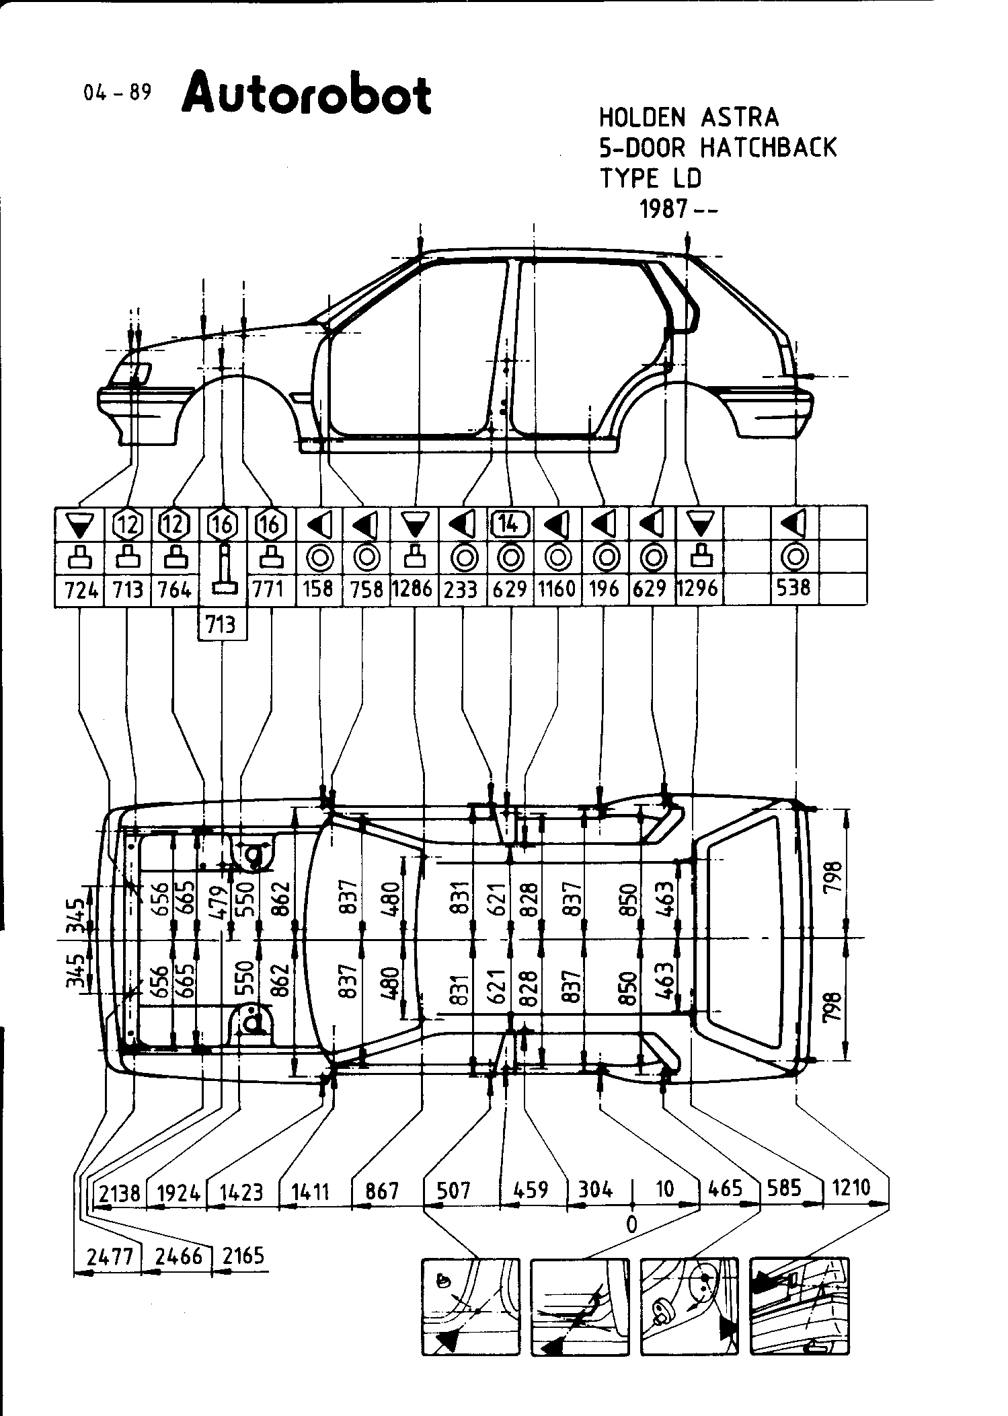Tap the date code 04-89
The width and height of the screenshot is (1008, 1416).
pos(117,92)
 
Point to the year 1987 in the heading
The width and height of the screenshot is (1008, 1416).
pos(662,209)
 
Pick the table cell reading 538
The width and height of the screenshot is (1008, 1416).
pos(793,589)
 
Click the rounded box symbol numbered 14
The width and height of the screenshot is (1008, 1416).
pos(511,523)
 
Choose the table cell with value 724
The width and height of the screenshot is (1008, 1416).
pos(80,590)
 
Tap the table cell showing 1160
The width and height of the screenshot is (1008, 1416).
pos(557,589)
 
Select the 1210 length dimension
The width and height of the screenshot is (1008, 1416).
pos(851,1188)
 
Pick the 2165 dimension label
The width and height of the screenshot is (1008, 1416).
pos(243,1255)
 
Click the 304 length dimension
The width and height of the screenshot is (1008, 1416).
pos(595,1189)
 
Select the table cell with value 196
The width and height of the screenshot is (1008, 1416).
pos(603,589)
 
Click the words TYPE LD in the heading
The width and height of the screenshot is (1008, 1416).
pos(650,178)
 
